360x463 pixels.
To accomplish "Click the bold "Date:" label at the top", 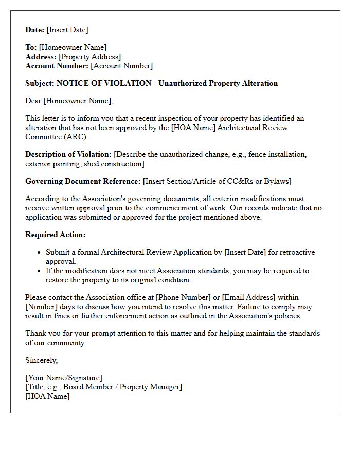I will (x=35, y=30).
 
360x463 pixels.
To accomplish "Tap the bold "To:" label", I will (x=31, y=47).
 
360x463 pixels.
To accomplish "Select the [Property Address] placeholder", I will (x=90, y=57).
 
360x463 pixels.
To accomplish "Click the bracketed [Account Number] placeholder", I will (x=121, y=66).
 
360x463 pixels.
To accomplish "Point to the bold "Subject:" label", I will (x=40, y=83).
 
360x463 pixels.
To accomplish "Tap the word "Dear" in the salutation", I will (x=33, y=101).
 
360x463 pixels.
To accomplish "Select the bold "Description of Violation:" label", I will (x=68, y=154).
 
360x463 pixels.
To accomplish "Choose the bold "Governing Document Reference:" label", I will (x=83, y=181).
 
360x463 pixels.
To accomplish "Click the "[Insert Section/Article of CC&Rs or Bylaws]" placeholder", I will (x=218, y=181).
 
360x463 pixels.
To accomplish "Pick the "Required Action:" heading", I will (x=56, y=235).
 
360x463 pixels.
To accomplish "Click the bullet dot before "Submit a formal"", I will (x=40, y=253).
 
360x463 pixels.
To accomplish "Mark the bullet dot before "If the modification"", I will (x=40, y=271).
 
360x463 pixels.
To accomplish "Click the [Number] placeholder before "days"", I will (x=42, y=307).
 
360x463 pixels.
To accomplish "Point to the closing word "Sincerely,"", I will (x=42, y=360).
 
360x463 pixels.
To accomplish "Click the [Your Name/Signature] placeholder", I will (x=64, y=378).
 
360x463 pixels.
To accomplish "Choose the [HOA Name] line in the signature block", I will (x=47, y=396).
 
